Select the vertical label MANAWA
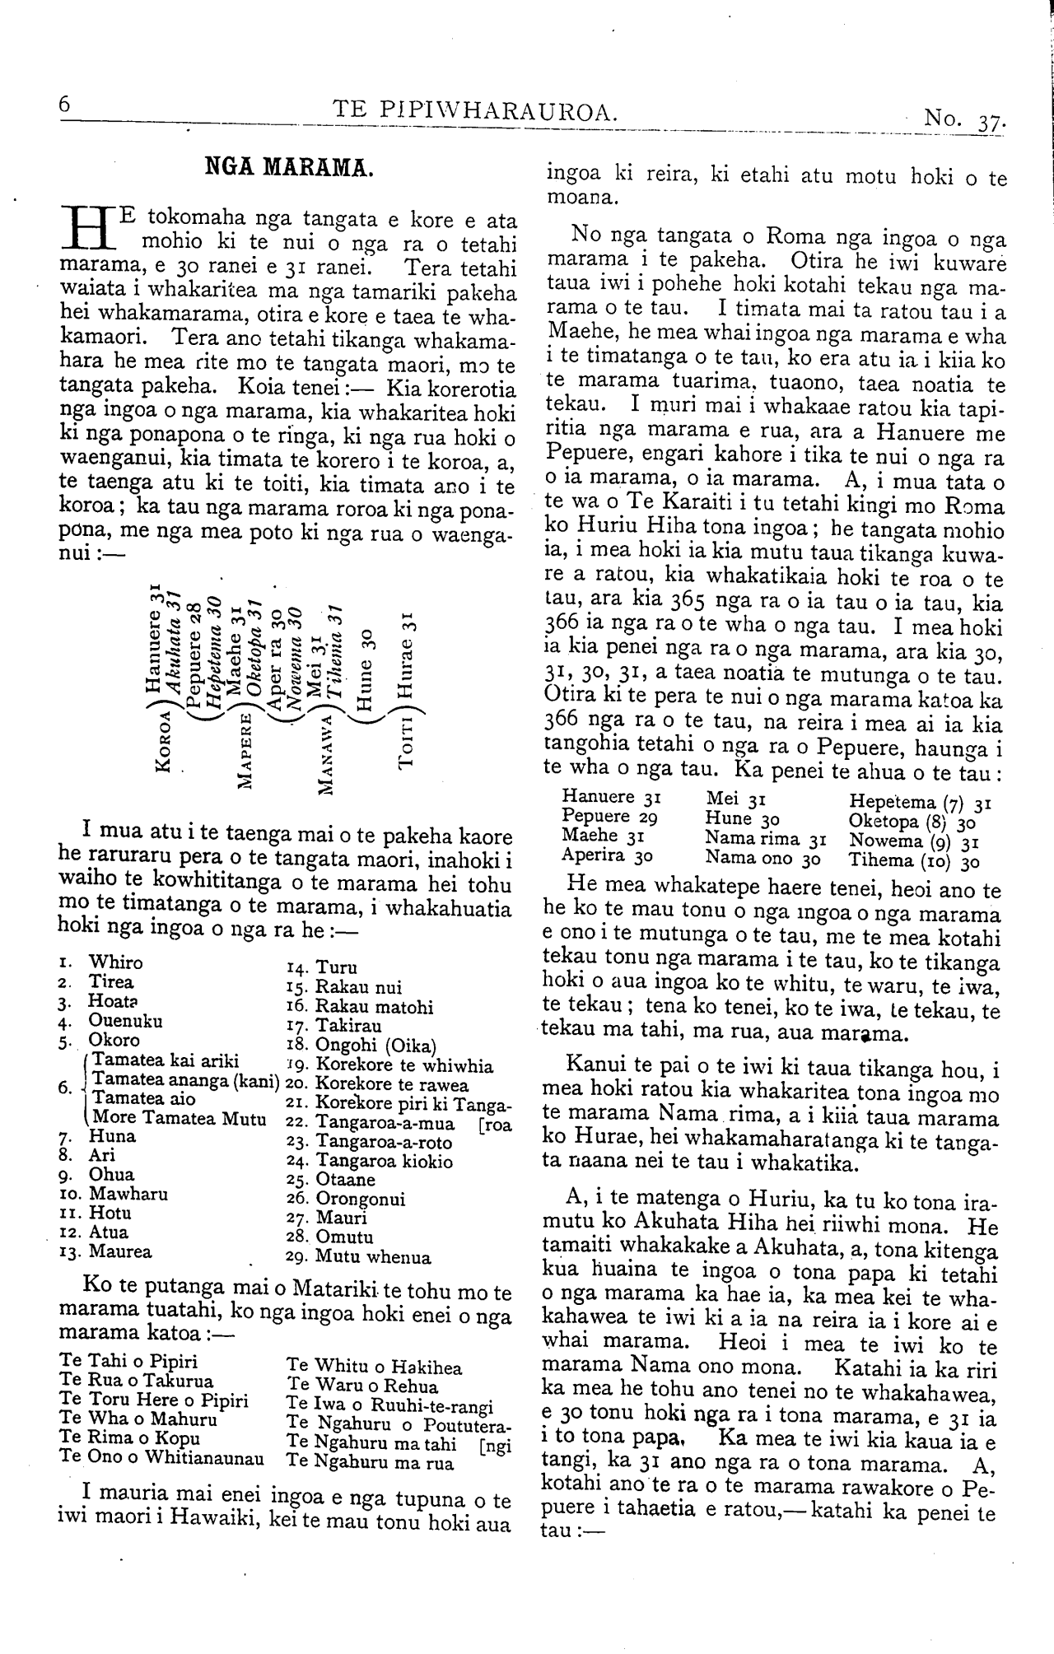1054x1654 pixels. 326,756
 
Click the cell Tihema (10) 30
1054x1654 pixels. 914,861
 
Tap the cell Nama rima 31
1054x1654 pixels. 765,840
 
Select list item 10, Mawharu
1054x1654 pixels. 114,1194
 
